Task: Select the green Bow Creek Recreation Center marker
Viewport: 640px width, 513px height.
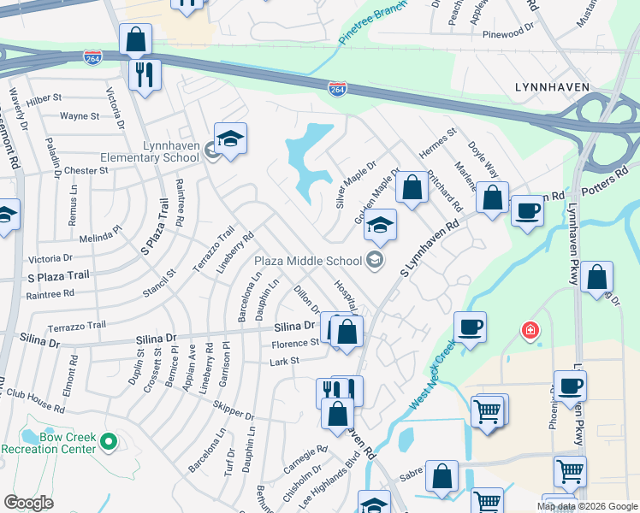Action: [108, 441]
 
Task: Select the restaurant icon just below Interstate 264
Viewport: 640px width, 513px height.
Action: [145, 74]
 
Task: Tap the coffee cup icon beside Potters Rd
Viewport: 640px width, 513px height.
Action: [527, 210]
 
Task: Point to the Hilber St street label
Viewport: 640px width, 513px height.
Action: [44, 98]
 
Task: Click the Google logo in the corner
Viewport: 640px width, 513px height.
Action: [29, 503]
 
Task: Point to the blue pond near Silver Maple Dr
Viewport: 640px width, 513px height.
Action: [309, 158]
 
